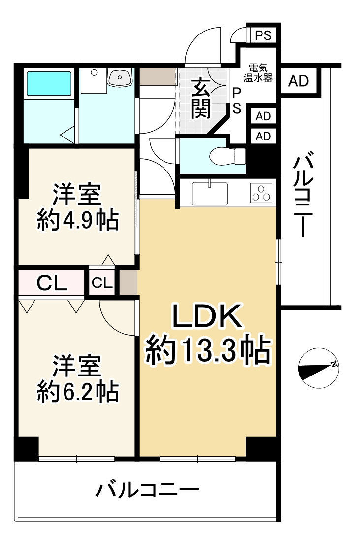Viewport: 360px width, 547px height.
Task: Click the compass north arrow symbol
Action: pyautogui.click(x=319, y=368)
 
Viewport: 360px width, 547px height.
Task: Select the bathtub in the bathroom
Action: pyautogui.click(x=49, y=83)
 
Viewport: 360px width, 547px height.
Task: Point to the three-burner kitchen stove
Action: pyautogui.click(x=261, y=192)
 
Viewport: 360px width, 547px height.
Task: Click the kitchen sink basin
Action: pyautogui.click(x=210, y=193)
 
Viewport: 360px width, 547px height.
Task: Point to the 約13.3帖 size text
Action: pyautogui.click(x=208, y=350)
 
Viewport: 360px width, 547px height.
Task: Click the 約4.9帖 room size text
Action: pyautogui.click(x=78, y=221)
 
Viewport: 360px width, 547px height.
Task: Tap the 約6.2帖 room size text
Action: pyautogui.click(x=77, y=392)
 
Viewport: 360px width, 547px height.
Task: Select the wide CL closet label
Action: pyautogui.click(x=52, y=283)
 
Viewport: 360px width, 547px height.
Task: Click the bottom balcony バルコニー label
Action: pyautogui.click(x=148, y=490)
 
